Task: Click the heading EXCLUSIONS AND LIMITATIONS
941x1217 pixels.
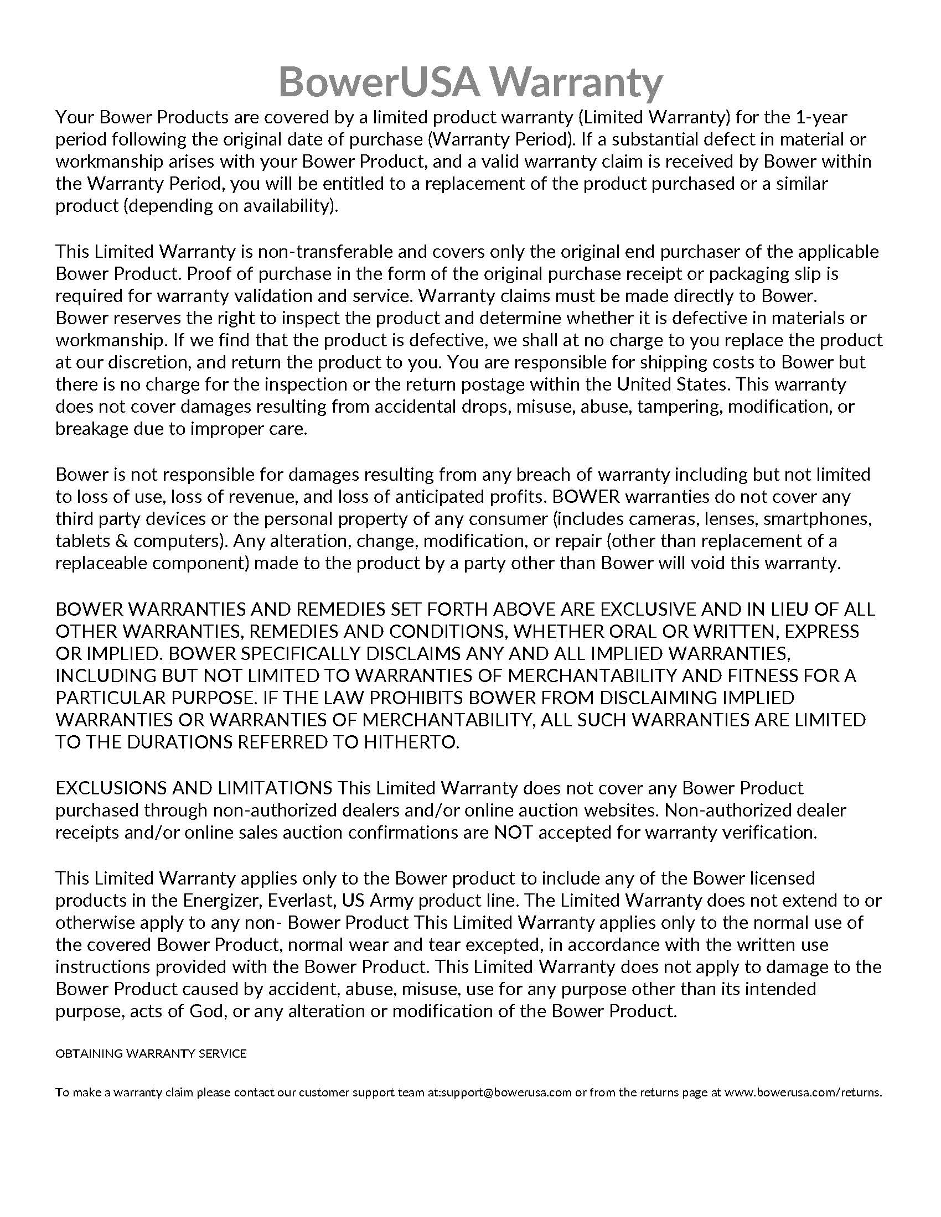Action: tap(193, 788)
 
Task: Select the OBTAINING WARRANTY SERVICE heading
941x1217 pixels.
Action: tap(151, 1054)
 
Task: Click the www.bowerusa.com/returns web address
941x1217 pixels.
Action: tap(803, 1092)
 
